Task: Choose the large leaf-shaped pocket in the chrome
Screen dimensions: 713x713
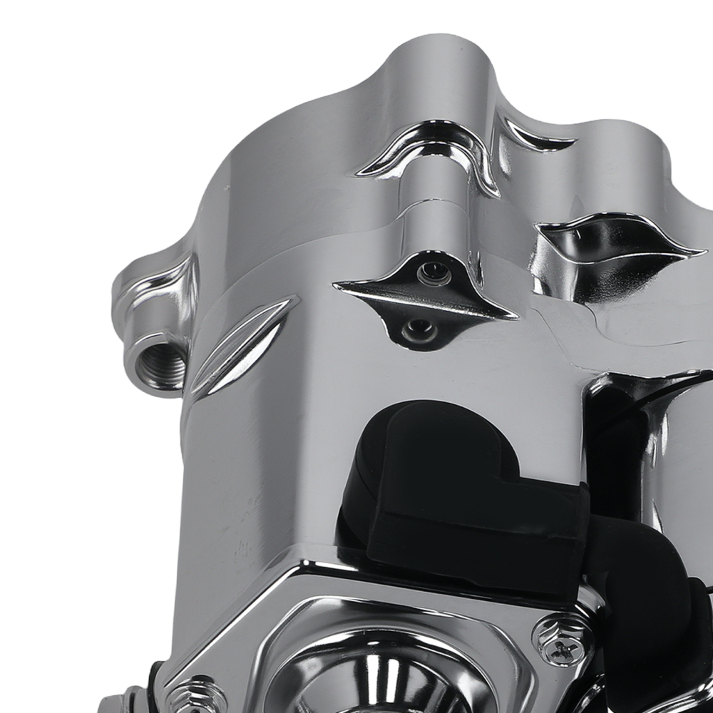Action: [x=613, y=246]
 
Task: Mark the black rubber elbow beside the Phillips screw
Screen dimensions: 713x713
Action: [x=642, y=606]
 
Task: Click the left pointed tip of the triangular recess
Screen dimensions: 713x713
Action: [x=337, y=286]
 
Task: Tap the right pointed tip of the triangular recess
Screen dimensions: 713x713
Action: [x=515, y=316]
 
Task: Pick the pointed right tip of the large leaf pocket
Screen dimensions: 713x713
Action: [x=702, y=252]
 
